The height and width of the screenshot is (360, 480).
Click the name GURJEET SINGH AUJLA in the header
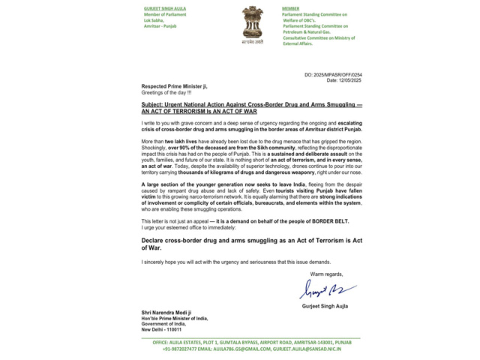165,8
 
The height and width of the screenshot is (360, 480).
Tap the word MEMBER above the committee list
290,8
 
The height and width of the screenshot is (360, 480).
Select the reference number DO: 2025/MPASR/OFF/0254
333,75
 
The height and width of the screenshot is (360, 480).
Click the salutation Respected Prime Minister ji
174,86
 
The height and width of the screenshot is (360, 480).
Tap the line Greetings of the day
166,92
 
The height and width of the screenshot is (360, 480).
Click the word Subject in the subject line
153,105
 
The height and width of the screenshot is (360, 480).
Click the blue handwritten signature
327,289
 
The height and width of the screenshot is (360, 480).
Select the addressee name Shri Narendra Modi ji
166,313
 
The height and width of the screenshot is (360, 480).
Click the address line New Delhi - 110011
161,329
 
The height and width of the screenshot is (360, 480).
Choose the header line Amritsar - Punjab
160,26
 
